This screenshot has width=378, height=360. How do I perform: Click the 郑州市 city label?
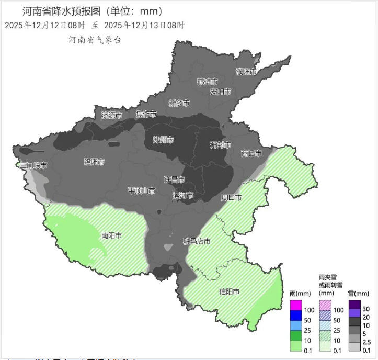tap(163, 140)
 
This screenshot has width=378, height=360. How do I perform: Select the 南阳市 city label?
tap(111, 236)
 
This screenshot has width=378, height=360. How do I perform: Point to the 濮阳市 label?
tap(246, 72)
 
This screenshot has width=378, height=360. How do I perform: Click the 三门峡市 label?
tap(33, 165)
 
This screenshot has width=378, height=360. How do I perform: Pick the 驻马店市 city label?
tap(197, 241)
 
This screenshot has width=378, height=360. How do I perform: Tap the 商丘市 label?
tap(251, 153)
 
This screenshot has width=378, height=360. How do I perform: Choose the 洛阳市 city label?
tap(95, 162)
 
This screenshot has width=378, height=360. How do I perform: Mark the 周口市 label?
tap(231, 198)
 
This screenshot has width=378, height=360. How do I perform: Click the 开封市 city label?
tap(220, 144)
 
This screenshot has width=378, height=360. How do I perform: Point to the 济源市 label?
tap(111, 115)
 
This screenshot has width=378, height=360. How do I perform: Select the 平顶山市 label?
tap(142, 191)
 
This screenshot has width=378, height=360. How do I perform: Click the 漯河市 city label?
tap(183, 195)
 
